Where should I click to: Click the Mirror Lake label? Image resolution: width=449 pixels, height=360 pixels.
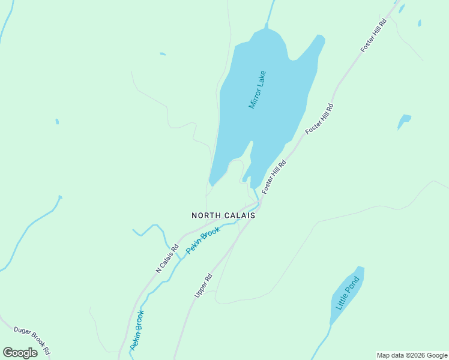(257, 89)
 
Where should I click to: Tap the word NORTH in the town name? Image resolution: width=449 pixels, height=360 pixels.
(208, 215)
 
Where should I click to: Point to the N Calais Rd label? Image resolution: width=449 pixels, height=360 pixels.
(167, 259)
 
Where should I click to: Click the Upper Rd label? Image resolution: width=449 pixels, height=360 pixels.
(204, 286)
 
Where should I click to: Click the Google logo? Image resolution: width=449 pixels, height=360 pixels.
(20, 353)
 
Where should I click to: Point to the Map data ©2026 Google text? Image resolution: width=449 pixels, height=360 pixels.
(412, 355)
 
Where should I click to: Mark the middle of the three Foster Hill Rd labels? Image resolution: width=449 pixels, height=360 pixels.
(319, 118)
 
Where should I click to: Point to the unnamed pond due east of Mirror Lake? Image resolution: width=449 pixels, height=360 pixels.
(404, 121)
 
